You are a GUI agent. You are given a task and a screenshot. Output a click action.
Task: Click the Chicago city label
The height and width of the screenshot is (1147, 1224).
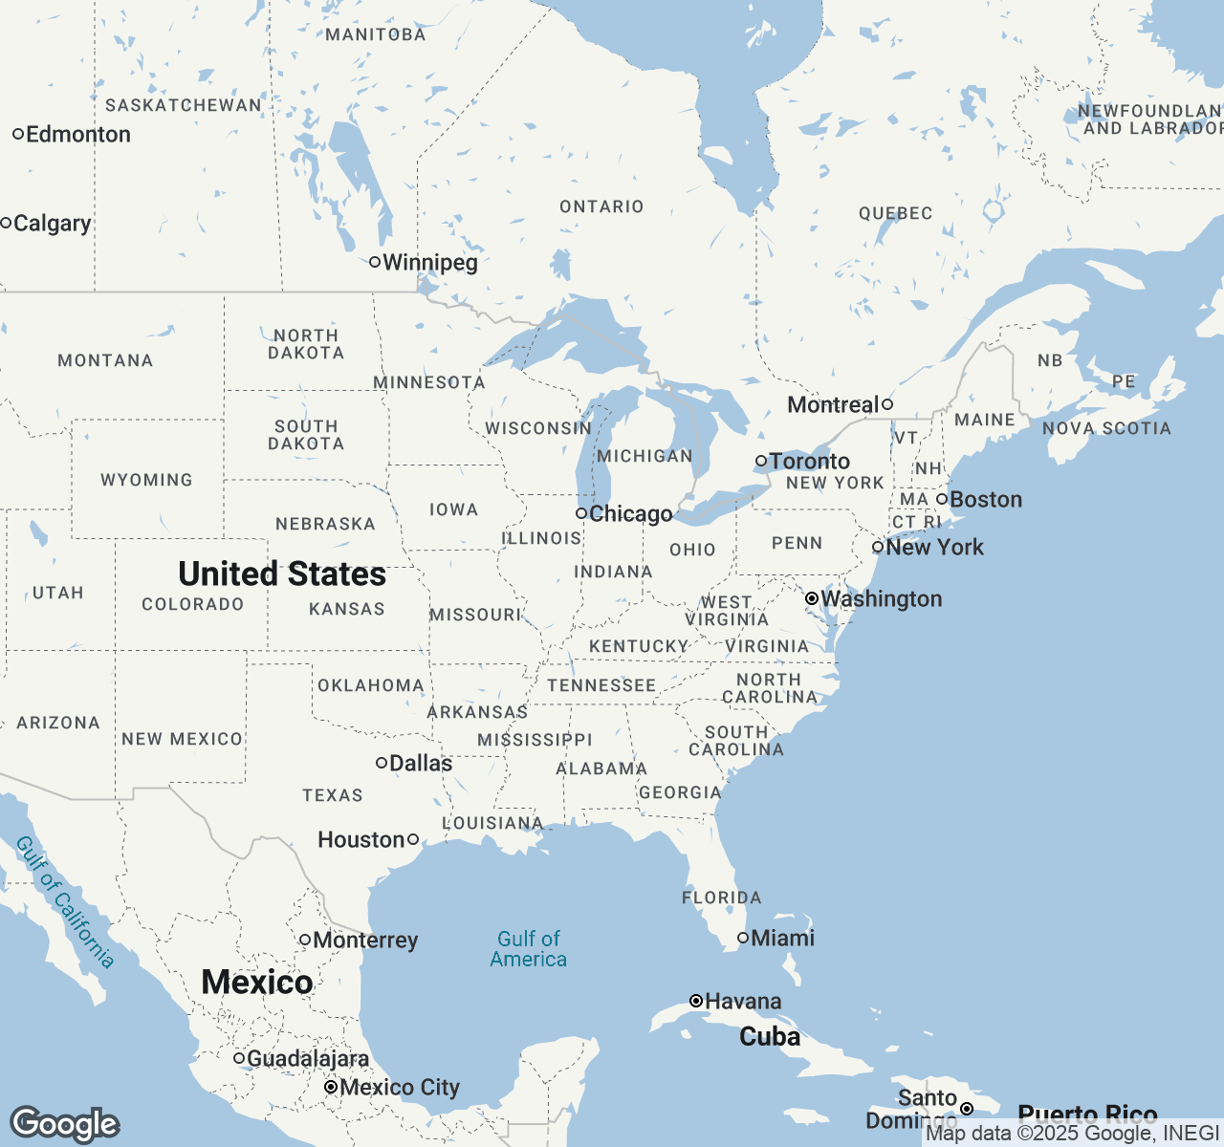tap(631, 514)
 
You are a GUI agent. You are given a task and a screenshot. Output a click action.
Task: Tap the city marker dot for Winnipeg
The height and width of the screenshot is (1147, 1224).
tap(375, 262)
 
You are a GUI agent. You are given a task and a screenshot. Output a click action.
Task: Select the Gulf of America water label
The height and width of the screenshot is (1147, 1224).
tap(529, 949)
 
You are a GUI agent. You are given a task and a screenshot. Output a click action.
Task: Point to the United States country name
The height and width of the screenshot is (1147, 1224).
tap(282, 573)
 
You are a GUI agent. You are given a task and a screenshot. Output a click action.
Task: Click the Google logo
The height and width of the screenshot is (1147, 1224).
tap(64, 1124)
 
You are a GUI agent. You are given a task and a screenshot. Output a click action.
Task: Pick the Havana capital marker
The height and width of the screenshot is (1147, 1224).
tap(696, 1001)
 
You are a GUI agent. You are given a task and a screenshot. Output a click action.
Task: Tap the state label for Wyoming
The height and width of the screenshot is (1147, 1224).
tap(146, 480)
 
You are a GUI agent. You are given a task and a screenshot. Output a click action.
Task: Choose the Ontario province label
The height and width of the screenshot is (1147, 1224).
tap(601, 206)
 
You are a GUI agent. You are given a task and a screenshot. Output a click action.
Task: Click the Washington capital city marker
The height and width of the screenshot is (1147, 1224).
tap(812, 598)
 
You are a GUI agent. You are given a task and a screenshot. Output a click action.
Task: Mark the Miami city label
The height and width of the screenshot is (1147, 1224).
tap(782, 939)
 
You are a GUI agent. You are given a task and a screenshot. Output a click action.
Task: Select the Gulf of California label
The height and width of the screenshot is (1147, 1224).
tap(65, 902)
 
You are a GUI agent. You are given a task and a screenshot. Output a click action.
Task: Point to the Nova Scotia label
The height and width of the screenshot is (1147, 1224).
tap(1106, 428)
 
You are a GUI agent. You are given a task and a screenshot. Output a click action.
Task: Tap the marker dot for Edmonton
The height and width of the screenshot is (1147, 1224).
tap(18, 134)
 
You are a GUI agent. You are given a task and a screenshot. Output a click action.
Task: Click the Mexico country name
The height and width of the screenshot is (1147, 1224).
tap(257, 982)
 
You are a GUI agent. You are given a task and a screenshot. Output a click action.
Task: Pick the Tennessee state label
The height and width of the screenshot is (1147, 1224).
tap(601, 685)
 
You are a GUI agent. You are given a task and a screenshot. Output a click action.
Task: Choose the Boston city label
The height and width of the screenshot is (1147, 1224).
tap(986, 500)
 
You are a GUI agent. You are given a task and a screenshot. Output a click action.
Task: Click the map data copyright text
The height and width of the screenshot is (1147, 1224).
tap(1072, 1134)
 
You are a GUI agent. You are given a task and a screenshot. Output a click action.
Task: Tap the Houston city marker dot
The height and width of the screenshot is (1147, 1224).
tap(413, 839)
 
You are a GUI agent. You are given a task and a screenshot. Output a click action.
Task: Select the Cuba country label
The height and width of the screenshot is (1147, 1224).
tap(770, 1037)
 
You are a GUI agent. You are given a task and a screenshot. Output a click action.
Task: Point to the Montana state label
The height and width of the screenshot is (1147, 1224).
tap(105, 360)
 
